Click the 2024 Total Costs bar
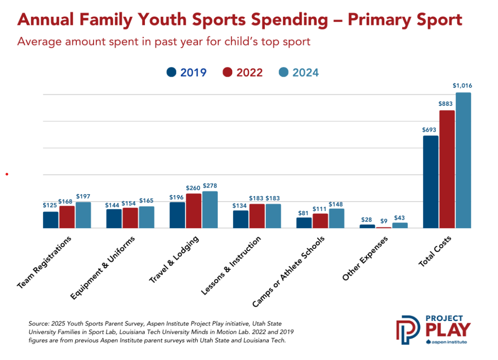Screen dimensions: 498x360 tap(463, 160)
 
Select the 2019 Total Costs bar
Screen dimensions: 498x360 tap(431, 182)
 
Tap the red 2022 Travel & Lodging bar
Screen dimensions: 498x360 tap(194, 211)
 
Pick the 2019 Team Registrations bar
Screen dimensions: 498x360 tap(51, 220)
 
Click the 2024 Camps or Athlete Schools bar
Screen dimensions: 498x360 tap(337, 218)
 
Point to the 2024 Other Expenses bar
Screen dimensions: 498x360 tap(400, 225)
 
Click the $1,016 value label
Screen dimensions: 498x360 tap(462, 86)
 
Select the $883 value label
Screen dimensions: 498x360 tap(445, 104)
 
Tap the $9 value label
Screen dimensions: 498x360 tap(383, 221)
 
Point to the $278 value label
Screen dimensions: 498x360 tap(210, 186)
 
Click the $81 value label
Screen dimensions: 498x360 tap(304, 213)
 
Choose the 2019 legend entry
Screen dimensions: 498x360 tap(186, 72)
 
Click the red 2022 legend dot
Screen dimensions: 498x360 tap(227, 72)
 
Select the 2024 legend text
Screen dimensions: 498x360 tap(305, 73)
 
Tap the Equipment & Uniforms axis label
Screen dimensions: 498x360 tap(103, 268)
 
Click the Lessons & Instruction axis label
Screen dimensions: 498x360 tap(231, 265)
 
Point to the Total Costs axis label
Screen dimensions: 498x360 tap(435, 251)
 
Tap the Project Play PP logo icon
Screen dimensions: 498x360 tap(408, 330)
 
